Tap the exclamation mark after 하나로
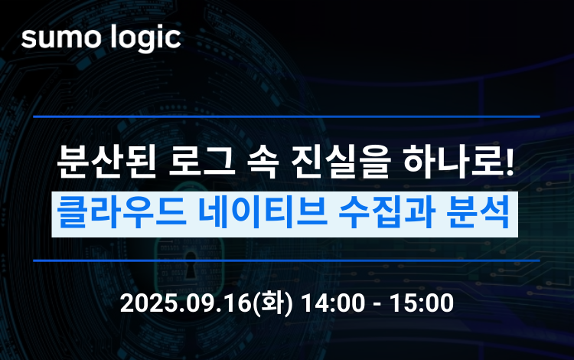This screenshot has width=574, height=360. tap(509, 162)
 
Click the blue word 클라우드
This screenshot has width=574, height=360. tap(122, 214)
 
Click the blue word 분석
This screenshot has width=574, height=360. tap(478, 214)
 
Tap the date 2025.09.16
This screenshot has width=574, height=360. tap(185, 303)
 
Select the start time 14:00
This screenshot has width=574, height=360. tap(333, 303)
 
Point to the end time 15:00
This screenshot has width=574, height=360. tap(422, 303)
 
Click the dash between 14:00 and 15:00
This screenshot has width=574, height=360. tap(377, 305)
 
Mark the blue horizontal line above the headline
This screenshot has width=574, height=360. tap(286, 117)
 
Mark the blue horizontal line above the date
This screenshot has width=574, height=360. tap(286, 260)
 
